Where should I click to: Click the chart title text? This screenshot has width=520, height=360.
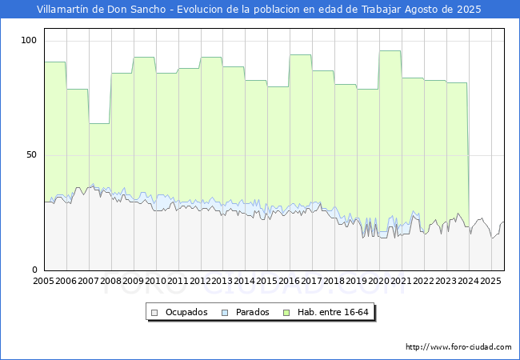click(x=259, y=10)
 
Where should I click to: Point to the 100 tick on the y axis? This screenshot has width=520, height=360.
click(x=30, y=40)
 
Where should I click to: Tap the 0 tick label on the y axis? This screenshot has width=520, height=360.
click(x=35, y=270)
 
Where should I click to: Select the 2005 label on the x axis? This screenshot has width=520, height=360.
click(x=44, y=282)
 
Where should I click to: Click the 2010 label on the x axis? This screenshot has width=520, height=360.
click(x=156, y=282)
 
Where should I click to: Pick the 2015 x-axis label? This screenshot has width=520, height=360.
click(x=267, y=282)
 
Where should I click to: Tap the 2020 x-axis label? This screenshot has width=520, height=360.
click(x=379, y=282)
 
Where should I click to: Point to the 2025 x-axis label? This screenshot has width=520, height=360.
click(x=491, y=282)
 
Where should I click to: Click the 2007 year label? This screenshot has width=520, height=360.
click(x=89, y=282)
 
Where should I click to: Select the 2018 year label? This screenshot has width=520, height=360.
click(x=334, y=282)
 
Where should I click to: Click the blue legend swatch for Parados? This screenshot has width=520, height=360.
click(x=226, y=312)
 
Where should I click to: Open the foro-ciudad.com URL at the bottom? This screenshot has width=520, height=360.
click(x=458, y=347)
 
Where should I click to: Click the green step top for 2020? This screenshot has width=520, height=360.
click(x=390, y=51)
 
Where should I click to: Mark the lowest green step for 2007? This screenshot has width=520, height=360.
click(x=100, y=124)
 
